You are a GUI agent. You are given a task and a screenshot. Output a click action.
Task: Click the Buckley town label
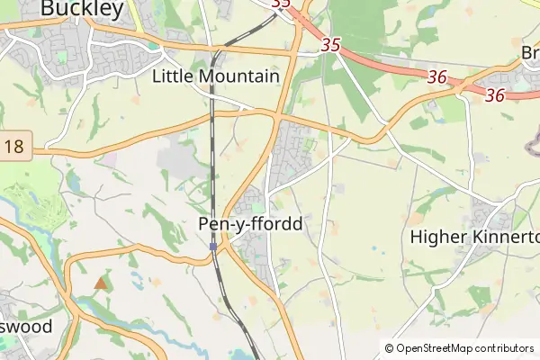82,8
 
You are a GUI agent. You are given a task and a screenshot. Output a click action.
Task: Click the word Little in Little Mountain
173,76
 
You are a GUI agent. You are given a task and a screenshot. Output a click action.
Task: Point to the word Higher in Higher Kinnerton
437,238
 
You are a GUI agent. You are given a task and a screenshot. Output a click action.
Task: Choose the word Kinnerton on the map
504,238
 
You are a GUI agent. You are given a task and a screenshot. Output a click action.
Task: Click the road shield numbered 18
13,147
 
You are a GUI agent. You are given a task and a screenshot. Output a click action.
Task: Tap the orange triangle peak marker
100,283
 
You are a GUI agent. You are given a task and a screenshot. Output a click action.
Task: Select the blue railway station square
213,246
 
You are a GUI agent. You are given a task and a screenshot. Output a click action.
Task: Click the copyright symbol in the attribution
389,348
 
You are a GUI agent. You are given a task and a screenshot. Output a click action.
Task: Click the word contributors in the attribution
505,348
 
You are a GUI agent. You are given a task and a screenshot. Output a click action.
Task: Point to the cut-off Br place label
530,53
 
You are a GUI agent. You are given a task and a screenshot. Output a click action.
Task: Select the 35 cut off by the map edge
281,4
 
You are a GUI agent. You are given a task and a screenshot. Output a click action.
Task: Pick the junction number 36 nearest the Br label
493,94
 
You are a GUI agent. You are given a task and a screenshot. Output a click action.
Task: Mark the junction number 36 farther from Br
437,78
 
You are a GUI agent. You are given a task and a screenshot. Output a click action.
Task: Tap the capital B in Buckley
49,8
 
